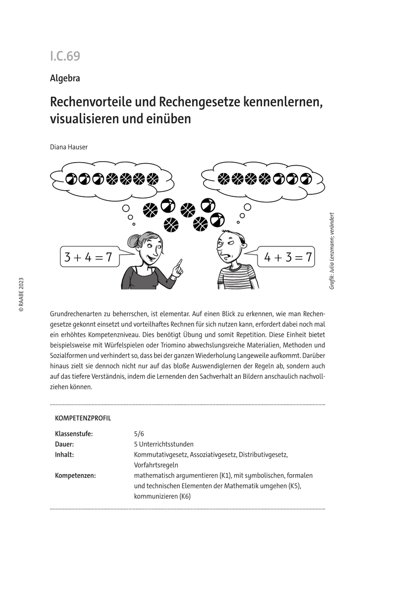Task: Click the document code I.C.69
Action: pyautogui.click(x=65, y=57)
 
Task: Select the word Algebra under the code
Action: pyautogui.click(x=65, y=78)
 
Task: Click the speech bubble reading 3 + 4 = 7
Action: pyautogui.click(x=89, y=257)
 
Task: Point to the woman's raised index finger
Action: pyautogui.click(x=179, y=261)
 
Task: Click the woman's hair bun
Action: pyautogui.click(x=133, y=241)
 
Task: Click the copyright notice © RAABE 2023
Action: pyautogui.click(x=21, y=294)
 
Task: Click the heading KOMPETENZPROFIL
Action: pyautogui.click(x=83, y=418)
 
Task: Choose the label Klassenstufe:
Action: pyautogui.click(x=74, y=434)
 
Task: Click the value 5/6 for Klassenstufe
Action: pyautogui.click(x=139, y=434)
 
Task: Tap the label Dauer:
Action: pyautogui.click(x=65, y=444)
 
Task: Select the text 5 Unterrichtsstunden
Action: pyautogui.click(x=163, y=444)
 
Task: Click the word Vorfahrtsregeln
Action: pyautogui.click(x=156, y=465)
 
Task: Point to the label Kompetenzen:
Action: pyautogui.click(x=75, y=476)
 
